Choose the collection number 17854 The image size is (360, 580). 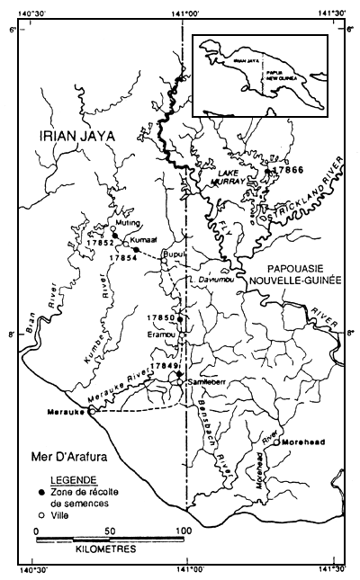point(121,257)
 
